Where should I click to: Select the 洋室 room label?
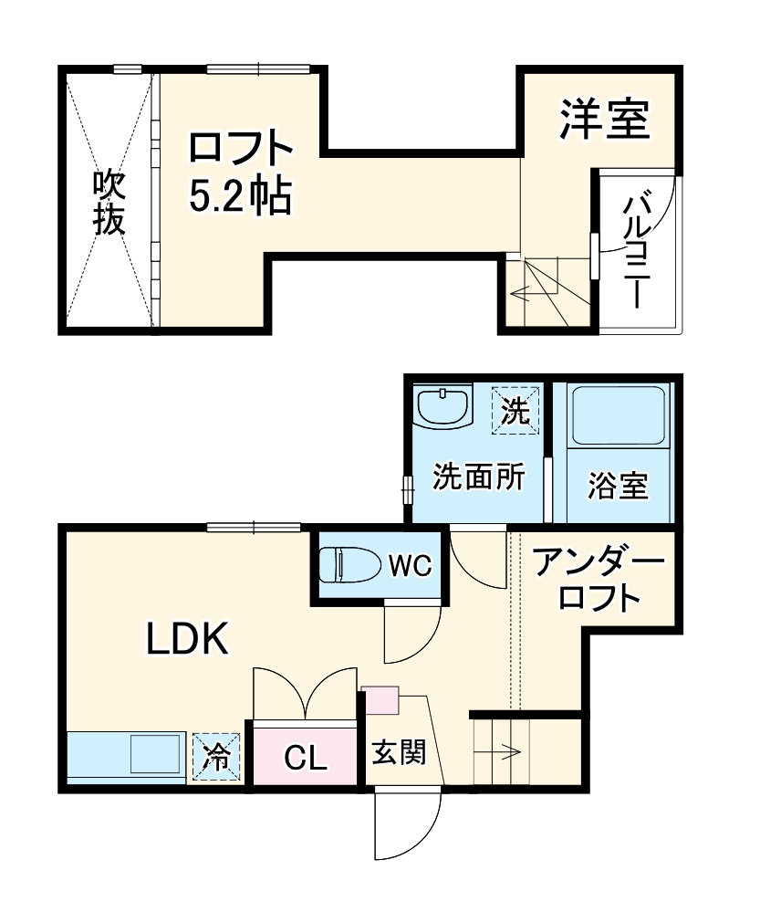coord(604,120)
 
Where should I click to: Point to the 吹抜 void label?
coord(109,203)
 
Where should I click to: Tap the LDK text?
coord(187,642)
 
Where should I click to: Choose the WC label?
coord(410,566)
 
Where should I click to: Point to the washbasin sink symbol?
coord(442,406)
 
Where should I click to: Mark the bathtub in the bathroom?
coord(618,416)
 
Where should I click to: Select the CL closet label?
coord(306,757)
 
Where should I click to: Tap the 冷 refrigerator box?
coord(216,757)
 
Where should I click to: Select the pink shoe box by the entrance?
coord(380,699)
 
